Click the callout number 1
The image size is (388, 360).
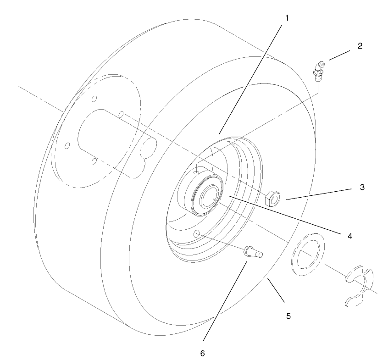287,18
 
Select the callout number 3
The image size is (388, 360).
362,188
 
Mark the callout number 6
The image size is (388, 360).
202,353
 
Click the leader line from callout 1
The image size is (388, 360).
252,78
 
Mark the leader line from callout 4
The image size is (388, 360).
284,216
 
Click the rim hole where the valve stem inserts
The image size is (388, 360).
197,234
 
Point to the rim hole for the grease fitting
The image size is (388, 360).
197,172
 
